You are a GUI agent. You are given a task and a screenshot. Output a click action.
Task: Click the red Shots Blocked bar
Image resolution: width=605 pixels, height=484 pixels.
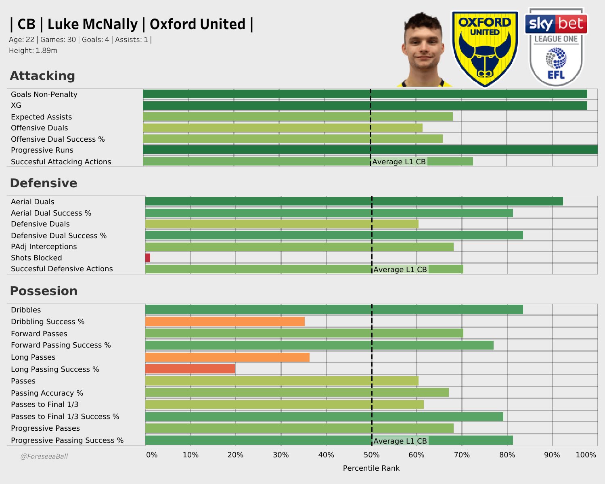point(148,258)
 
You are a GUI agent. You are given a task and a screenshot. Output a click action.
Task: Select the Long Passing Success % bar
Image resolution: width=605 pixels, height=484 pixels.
point(190,369)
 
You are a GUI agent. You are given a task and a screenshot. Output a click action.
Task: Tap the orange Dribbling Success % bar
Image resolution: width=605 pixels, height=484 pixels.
point(225,321)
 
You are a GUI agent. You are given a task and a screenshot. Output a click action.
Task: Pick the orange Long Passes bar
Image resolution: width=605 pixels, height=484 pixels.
point(227,357)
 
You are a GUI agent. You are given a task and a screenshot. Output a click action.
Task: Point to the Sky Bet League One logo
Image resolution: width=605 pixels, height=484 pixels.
point(556,47)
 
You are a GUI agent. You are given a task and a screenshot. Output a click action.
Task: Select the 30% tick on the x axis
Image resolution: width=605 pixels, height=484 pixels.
point(281,455)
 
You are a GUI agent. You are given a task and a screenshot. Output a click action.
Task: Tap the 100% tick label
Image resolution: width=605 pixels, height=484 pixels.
point(586,455)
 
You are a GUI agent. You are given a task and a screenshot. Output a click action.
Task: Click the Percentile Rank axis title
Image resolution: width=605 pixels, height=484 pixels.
point(371,468)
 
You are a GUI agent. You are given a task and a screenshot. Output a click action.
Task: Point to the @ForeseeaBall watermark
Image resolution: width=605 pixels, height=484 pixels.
point(44,457)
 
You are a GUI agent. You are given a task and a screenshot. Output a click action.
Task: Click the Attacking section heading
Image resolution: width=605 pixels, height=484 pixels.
point(42,76)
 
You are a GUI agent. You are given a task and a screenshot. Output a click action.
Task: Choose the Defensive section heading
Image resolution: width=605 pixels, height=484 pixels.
point(44,183)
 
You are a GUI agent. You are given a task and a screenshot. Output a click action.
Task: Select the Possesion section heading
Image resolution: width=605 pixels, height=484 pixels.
point(44,291)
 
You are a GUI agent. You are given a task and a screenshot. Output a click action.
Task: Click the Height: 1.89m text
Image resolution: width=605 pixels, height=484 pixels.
point(33,50)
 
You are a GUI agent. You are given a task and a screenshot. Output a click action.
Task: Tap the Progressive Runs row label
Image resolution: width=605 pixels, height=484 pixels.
point(42,150)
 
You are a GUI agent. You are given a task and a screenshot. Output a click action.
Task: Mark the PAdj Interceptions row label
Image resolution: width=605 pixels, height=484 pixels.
point(44,247)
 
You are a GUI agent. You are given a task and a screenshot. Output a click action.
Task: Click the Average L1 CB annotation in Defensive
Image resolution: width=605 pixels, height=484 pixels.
point(400,269)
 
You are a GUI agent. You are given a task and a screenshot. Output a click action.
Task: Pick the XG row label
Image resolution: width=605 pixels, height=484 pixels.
point(16,105)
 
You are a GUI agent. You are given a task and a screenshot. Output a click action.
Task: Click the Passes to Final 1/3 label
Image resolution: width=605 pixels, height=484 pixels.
point(44,404)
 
